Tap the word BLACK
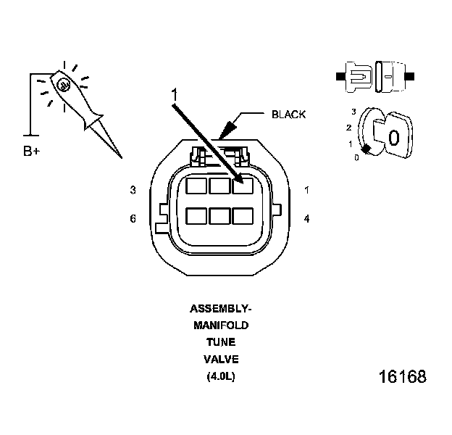click(288, 115)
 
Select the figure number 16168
click(402, 377)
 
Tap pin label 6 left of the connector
click(133, 217)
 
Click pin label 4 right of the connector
click(307, 217)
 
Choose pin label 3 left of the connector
click(133, 190)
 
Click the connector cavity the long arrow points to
click(242, 187)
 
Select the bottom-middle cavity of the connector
click(219, 216)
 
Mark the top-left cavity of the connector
click(196, 187)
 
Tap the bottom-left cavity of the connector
click(196, 216)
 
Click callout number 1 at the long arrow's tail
click(174, 95)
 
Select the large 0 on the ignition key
click(393, 137)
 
